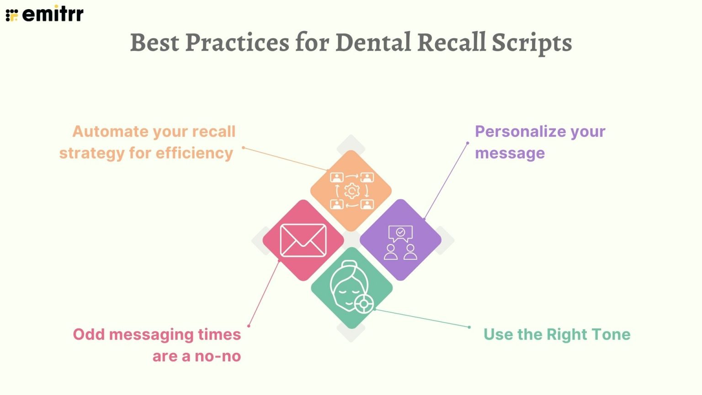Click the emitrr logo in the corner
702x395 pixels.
tap(44, 14)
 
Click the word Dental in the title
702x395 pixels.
tap(373, 43)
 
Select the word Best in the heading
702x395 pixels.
tap(154, 43)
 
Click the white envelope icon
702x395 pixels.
tap(303, 240)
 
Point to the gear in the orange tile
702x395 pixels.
tap(351, 191)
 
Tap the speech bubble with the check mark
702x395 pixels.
tap(400, 233)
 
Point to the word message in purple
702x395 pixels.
tap(510, 153)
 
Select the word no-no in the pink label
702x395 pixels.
tap(218, 356)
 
